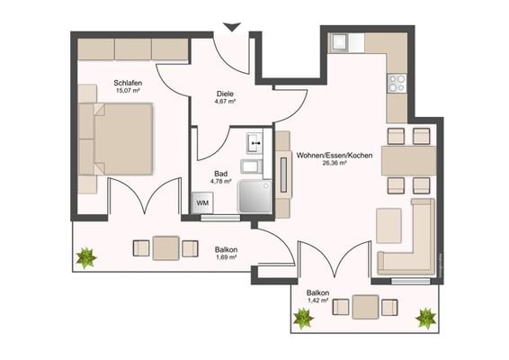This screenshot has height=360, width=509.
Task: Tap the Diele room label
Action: (x=225, y=93)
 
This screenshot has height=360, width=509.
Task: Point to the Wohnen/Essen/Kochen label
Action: (x=329, y=155)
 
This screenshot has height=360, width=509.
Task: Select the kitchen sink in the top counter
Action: (x=343, y=41)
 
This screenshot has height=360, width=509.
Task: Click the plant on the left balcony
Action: (x=86, y=258)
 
